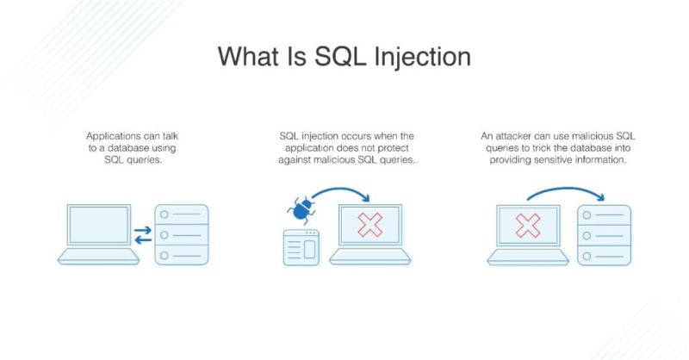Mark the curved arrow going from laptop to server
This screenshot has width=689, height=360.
(560, 191)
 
